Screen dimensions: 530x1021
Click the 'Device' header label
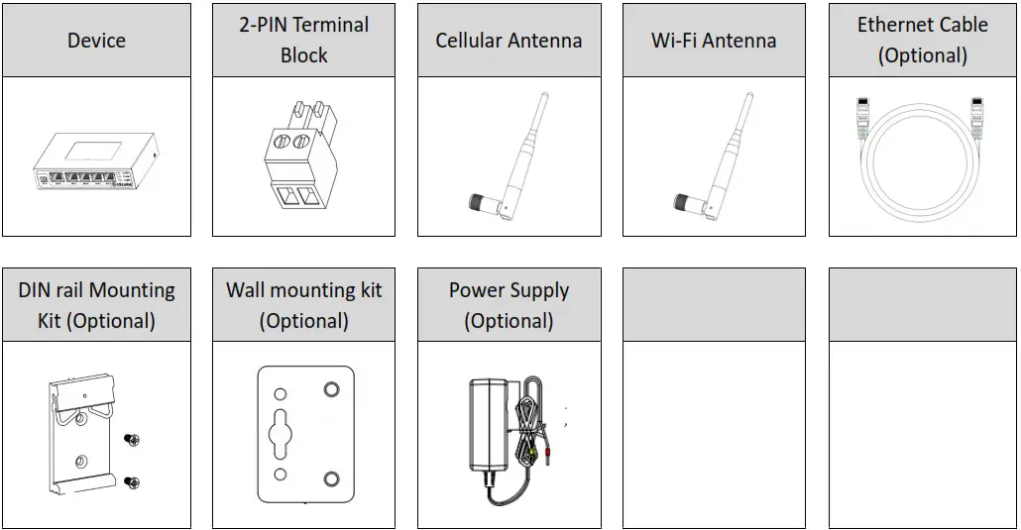[x=96, y=41]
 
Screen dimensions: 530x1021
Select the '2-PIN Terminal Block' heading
[x=303, y=40]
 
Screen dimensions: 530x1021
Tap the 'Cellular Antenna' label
[x=509, y=41]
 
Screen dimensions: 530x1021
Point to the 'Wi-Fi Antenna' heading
[x=713, y=41]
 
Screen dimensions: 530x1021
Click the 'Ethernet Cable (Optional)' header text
[x=922, y=40]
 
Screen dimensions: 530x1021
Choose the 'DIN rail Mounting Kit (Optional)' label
[x=96, y=305]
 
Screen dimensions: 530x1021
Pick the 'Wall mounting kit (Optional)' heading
[x=303, y=305]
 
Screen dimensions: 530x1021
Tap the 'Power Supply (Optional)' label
[x=509, y=305]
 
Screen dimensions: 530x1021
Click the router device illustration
[x=96, y=163]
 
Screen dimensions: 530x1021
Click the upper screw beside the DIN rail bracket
[x=131, y=439]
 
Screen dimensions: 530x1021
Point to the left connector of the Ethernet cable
[x=859, y=119]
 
